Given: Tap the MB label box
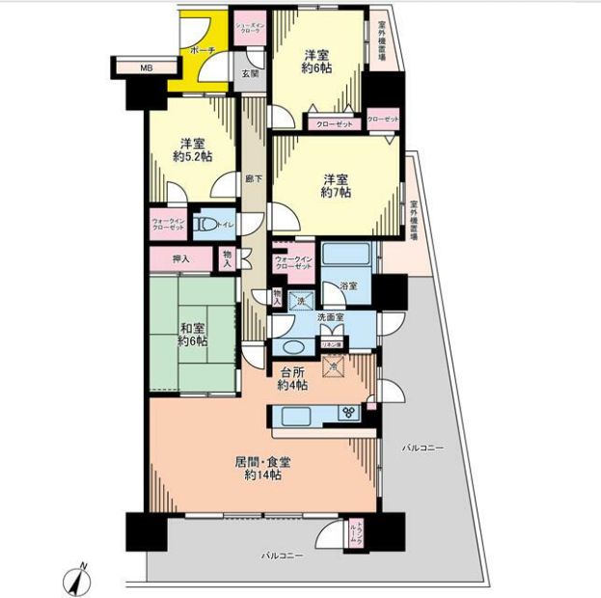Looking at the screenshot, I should [x=146, y=68].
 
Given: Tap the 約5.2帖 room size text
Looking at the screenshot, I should [x=193, y=157].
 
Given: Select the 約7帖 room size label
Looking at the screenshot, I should [x=336, y=193].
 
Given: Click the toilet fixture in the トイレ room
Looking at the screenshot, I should [x=205, y=226].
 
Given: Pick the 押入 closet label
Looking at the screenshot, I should [x=178, y=258].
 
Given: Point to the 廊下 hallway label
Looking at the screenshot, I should [x=253, y=178].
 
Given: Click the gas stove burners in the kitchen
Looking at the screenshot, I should [x=348, y=414].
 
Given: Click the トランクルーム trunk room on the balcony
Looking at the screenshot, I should [x=356, y=532].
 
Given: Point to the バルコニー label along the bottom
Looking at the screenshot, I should [x=282, y=557].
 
